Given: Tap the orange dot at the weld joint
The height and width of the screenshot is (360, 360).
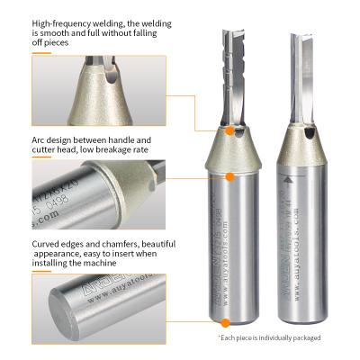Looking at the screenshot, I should click(x=230, y=131).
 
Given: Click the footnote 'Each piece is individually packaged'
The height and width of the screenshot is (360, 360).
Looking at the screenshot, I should click(x=270, y=337).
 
